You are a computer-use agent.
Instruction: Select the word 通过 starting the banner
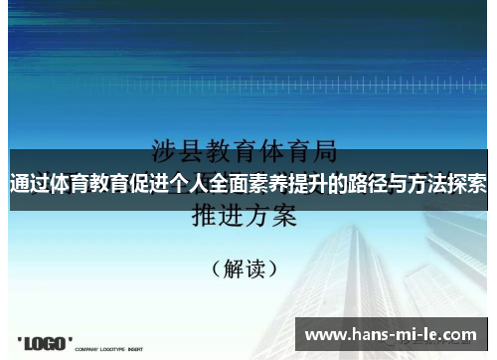[x=30, y=184]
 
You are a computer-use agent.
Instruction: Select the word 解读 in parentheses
[x=246, y=268]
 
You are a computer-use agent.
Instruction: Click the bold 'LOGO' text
[x=47, y=343]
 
